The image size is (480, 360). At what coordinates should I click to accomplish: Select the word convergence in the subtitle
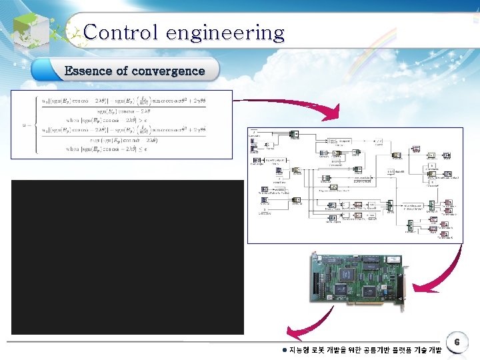168,71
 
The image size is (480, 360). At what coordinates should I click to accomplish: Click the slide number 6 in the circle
457,341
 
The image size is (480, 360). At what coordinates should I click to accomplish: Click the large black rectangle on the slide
127,257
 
